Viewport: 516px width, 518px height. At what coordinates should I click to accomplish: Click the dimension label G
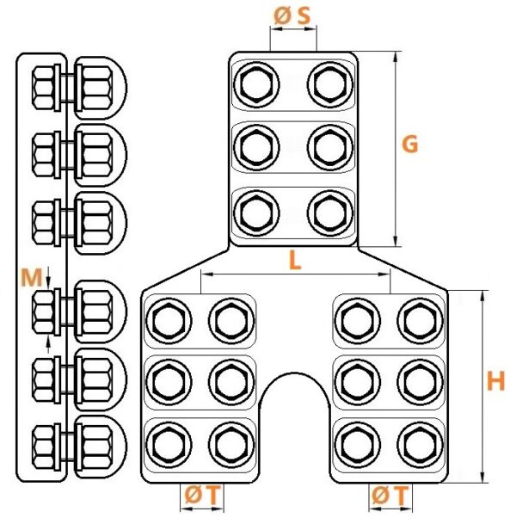pos(409,145)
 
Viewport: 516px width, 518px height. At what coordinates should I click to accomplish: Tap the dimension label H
pos(496,381)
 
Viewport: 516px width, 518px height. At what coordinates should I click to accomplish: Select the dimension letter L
pos(295,260)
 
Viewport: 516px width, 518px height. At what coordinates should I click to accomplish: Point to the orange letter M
pos(31,277)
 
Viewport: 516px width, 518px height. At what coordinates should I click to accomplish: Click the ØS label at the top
pos(292,16)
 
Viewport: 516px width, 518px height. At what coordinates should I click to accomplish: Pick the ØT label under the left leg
pos(202,496)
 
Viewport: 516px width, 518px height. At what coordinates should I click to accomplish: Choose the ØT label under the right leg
pos(390,496)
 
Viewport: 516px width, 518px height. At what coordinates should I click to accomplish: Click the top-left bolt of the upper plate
pos(256,84)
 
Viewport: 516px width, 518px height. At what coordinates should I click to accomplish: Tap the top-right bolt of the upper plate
pos(330,84)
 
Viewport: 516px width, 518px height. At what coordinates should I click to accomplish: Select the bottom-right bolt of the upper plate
pos(330,213)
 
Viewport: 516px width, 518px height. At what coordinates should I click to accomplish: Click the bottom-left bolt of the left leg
pos(169,445)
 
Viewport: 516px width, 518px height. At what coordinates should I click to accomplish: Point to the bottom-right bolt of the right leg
pos(420,445)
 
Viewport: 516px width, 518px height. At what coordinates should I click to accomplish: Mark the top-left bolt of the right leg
pos(358,321)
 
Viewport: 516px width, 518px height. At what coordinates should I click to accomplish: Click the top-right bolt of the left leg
pos(231,321)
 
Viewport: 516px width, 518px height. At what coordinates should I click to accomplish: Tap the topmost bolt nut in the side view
pos(44,88)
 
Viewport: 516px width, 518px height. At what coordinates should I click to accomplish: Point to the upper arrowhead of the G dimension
pos(396,59)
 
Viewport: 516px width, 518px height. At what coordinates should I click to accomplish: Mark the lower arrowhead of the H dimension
pos(482,476)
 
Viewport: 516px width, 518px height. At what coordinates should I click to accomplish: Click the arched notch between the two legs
pos(294,373)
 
